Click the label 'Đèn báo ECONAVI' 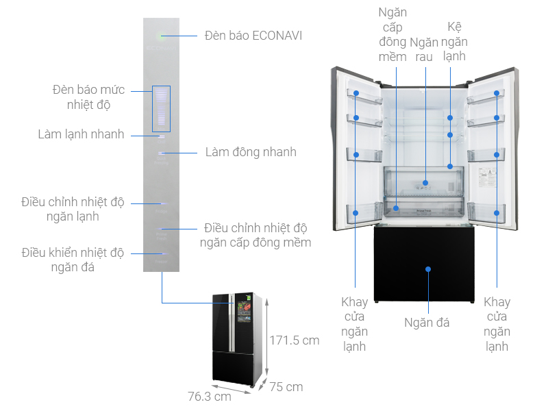[253, 35]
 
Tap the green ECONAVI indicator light [162, 36]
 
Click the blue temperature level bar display [161, 108]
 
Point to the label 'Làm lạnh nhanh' [81, 134]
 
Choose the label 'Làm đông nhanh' [251, 151]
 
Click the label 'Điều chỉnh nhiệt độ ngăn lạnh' [73, 209]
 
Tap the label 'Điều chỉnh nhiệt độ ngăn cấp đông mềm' [255, 234]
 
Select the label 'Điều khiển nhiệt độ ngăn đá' [73, 260]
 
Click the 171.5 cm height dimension [295, 340]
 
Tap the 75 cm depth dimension [286, 387]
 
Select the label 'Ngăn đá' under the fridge [427, 322]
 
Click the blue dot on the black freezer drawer [427, 269]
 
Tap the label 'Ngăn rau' [424, 49]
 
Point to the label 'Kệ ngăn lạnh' [454, 42]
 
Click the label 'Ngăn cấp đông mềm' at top [393, 34]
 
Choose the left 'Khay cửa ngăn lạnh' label [355, 324]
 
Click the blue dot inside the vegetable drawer [426, 183]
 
